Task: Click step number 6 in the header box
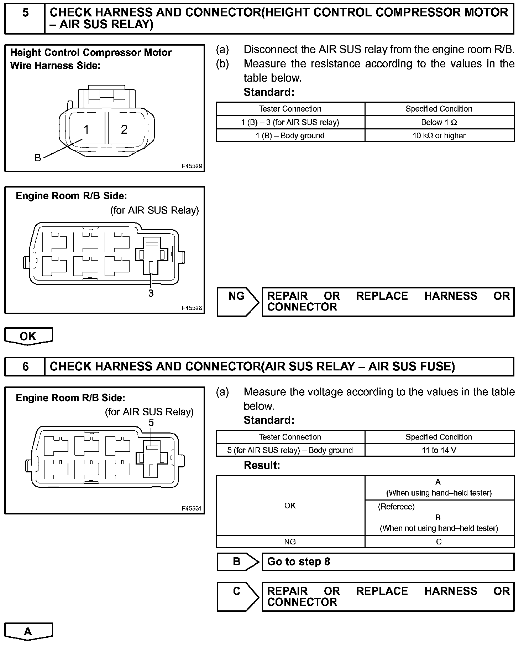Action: [x=25, y=366]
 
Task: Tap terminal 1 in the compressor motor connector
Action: [x=86, y=129]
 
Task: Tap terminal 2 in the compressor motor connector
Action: [x=124, y=129]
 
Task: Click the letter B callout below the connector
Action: [x=38, y=158]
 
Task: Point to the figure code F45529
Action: [x=192, y=166]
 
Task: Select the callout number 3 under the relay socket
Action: [x=151, y=293]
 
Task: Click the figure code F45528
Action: [x=192, y=308]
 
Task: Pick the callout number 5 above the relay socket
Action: [x=151, y=422]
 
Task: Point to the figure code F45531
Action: [x=192, y=508]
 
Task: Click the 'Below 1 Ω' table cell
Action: [x=439, y=123]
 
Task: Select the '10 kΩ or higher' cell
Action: [x=439, y=136]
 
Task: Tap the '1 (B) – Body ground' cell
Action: [x=290, y=136]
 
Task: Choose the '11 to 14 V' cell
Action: [x=439, y=450]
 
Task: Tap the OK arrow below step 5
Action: [x=28, y=336]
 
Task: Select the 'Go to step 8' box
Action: [x=388, y=562]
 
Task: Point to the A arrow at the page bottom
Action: [x=28, y=632]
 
